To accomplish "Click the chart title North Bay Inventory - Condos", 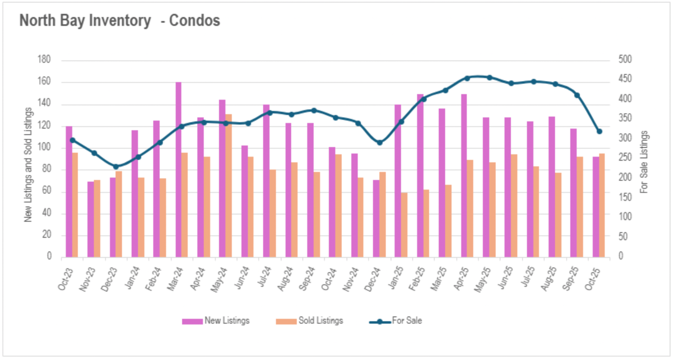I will coord(120,20).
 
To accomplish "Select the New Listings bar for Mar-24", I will coord(178,170).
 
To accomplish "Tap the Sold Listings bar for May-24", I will coord(229,186).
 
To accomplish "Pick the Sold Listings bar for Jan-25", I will coord(404,225).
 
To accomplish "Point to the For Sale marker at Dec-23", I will coord(116,167).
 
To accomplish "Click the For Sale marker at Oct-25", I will coord(600,132).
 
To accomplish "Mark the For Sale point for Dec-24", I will coord(379,143).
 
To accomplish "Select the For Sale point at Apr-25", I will coord(467,78).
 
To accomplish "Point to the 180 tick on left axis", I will coord(44,59).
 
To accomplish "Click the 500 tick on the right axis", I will coord(625,59).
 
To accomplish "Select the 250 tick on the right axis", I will coord(625,158).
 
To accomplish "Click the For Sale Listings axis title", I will coord(644,162).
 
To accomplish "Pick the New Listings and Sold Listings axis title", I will coord(28,165).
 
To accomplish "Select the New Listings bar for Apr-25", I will coord(464,176).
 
